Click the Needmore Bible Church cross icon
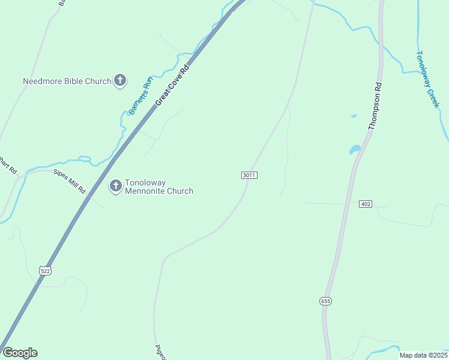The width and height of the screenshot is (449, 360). tap(120, 80)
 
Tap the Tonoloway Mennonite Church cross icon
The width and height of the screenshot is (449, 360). tap(115, 186)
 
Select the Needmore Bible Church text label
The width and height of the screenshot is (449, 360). tap(67, 81)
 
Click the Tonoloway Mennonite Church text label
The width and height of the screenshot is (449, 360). tap(158, 187)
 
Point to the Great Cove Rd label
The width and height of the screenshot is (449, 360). tap(172, 86)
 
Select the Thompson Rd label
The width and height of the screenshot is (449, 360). tap(375, 107)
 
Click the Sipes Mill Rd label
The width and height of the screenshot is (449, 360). tap(70, 181)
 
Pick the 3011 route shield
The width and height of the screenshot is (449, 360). tap(250, 175)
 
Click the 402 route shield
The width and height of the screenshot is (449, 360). tap(366, 204)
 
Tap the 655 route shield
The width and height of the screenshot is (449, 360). tap(325, 301)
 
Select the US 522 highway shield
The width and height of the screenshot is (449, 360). tap(46, 271)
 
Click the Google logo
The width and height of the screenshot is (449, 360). tap(20, 353)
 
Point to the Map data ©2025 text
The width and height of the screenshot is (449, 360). tap(423, 355)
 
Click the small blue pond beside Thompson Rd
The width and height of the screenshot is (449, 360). tap(355, 149)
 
